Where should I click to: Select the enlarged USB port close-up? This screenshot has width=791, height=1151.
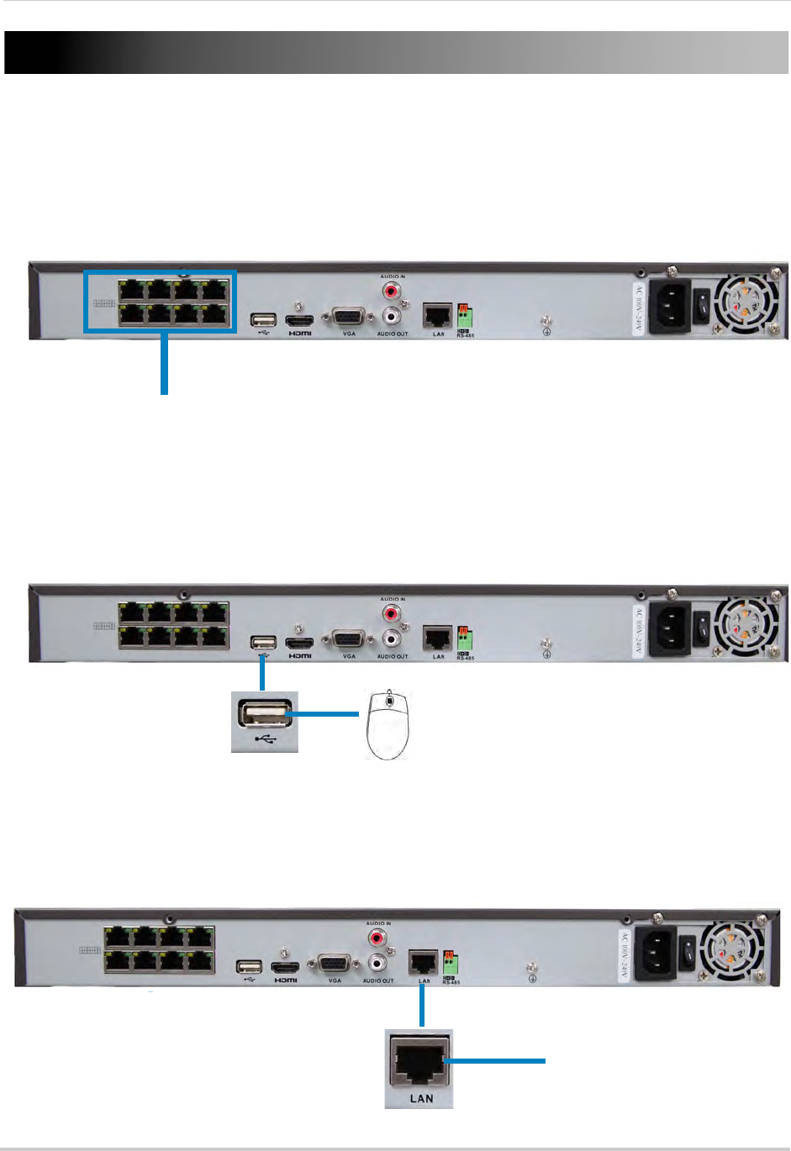coord(265,717)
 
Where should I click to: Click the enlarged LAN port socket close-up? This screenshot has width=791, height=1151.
coord(419,1061)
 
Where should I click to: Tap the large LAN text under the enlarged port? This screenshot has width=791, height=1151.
coord(421,1098)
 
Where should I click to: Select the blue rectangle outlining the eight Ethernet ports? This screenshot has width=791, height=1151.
coord(160,272)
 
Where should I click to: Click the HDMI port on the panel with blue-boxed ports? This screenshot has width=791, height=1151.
coord(299,321)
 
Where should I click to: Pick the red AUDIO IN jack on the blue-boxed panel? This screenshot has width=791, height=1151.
coord(392,292)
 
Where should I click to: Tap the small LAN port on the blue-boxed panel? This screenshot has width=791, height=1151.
coord(436,316)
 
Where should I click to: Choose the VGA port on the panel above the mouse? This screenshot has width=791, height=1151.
coord(347,640)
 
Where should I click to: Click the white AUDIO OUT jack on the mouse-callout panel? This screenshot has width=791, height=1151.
coord(392,639)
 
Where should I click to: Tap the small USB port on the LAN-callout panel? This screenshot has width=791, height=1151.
coord(249,967)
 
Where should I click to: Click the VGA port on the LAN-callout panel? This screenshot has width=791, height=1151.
coord(333,965)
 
